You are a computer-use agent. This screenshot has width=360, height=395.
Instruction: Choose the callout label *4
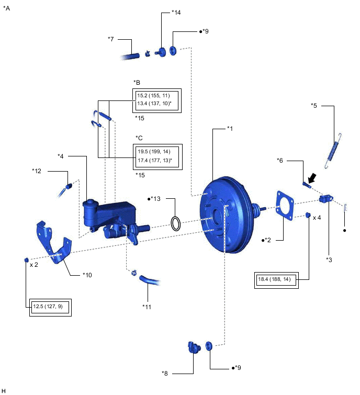[61, 156]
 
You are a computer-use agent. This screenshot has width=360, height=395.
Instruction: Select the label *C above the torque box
[139, 138]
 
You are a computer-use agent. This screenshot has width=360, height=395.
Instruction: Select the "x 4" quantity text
[317, 217]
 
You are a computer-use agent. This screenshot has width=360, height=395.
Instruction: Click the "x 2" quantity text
[34, 265]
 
